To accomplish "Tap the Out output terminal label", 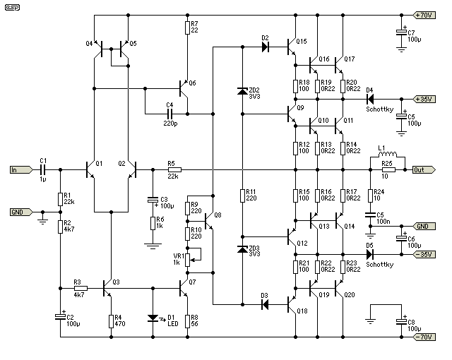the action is point(424,170).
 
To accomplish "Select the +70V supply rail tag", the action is point(424,15).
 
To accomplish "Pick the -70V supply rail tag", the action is point(424,337).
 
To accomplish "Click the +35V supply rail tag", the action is point(424,99).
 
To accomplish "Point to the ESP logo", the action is point(13,8).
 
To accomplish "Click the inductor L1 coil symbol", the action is point(388,154).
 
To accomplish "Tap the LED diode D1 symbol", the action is point(153,318).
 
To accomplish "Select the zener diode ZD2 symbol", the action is point(242,91).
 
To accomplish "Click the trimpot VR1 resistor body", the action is point(187,260).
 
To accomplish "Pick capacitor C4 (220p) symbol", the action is point(169,114).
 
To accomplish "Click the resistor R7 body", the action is point(187,28).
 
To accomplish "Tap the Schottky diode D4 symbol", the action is point(370,99).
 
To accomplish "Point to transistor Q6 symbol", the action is point(184,89).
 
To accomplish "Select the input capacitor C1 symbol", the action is point(43,170).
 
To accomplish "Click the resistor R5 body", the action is point(174,170).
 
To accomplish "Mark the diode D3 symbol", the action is point(265,304).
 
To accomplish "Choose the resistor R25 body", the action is point(388,170).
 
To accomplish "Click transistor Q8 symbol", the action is point(209,221).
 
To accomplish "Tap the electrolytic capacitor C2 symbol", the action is point(60,317).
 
